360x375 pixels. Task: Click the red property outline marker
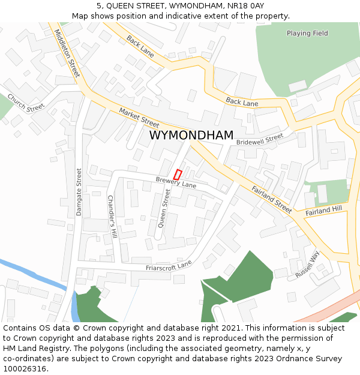click(x=178, y=175)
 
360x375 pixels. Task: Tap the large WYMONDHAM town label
click(x=191, y=136)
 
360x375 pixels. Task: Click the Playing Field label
click(x=307, y=34)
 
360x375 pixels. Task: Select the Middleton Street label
click(x=67, y=53)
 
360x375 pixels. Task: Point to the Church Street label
click(x=26, y=102)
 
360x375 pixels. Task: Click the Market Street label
click(x=139, y=117)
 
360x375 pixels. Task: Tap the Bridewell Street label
click(x=259, y=139)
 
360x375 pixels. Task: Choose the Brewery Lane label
click(x=176, y=181)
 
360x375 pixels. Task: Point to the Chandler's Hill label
click(x=111, y=217)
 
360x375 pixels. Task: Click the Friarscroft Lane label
click(x=169, y=265)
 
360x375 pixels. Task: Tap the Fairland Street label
click(x=272, y=199)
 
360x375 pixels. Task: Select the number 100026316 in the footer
click(x=24, y=368)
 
